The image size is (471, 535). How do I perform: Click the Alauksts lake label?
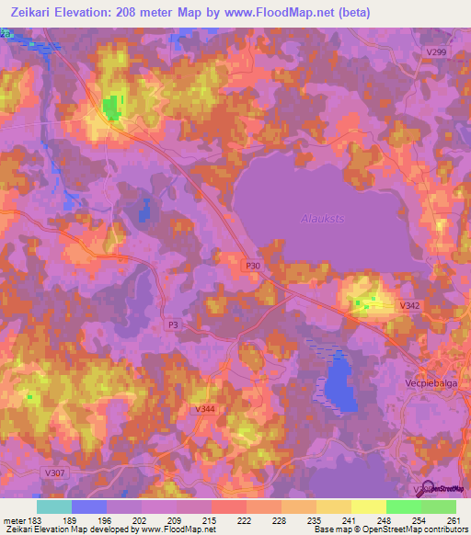(x=321, y=218)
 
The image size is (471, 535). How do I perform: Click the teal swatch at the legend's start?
(x=53, y=507)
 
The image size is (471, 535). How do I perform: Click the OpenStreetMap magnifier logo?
(x=425, y=487)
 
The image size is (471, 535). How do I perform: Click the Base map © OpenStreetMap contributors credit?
(x=390, y=529)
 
